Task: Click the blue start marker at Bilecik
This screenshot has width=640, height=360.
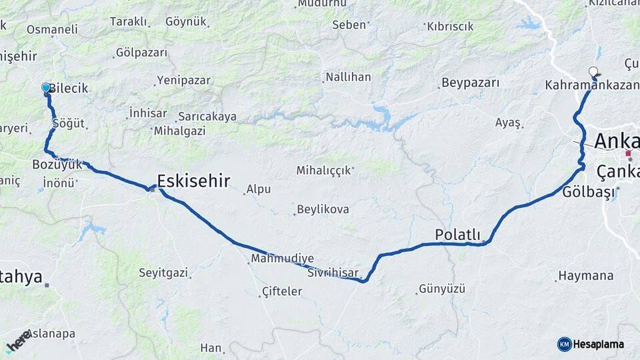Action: (46, 87)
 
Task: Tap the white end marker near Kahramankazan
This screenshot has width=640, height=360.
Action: (593, 71)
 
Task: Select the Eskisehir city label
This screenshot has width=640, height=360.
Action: (193, 180)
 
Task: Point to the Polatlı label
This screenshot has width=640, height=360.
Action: (457, 234)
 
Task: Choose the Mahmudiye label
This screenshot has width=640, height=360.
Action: (282, 259)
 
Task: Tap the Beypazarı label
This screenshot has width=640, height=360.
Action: (471, 83)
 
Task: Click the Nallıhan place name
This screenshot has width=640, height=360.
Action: (348, 77)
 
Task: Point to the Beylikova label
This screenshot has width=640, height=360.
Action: (323, 209)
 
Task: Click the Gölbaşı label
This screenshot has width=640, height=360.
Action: (586, 192)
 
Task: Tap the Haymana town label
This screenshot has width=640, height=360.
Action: (585, 275)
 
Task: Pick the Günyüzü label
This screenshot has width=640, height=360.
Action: (442, 289)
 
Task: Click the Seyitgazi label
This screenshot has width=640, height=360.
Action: (163, 272)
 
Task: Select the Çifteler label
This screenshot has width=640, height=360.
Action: (282, 291)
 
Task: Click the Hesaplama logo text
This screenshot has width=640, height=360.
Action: (598, 344)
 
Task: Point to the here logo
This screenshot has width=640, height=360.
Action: (18, 341)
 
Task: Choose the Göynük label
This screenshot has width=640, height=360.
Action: (186, 21)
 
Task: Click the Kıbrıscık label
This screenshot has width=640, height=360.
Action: (450, 27)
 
